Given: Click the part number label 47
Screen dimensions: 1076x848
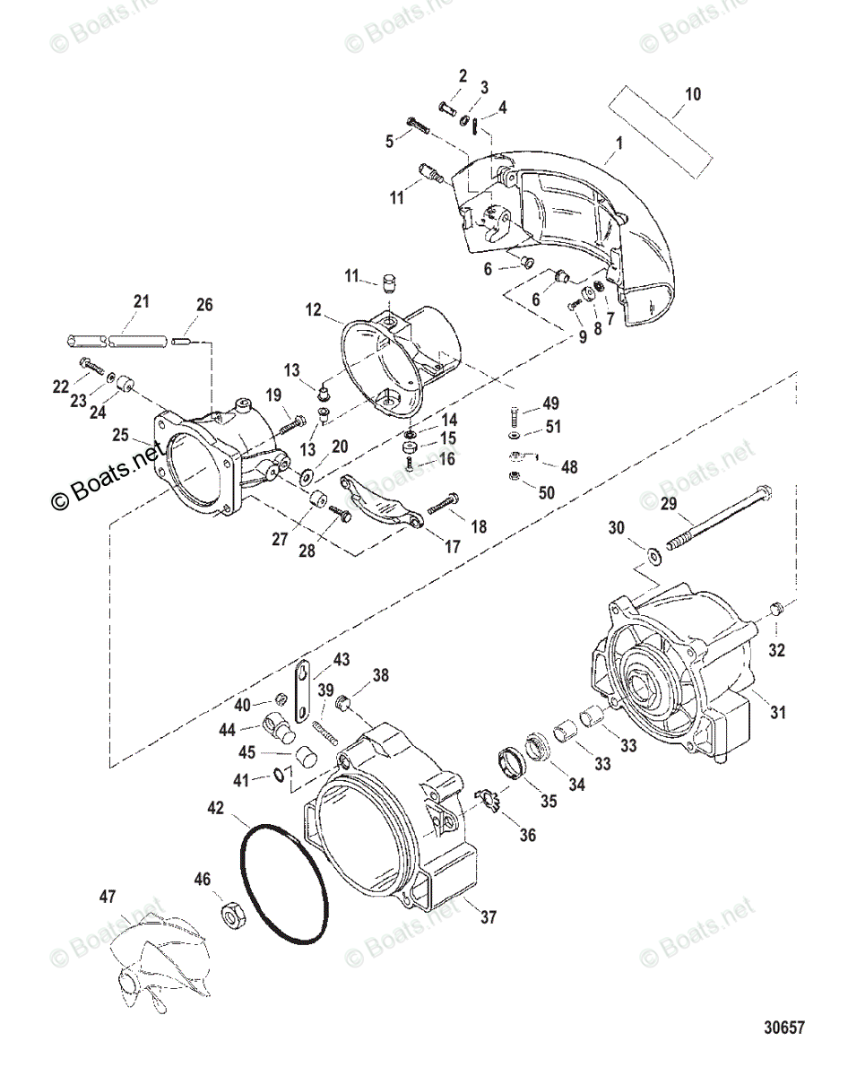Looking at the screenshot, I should click(108, 896).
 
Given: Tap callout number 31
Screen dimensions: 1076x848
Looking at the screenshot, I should click(777, 713).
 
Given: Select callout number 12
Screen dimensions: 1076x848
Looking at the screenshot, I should click(313, 309).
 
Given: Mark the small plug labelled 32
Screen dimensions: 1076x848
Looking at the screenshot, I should click(776, 610).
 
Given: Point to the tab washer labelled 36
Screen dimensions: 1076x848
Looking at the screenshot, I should click(486, 798).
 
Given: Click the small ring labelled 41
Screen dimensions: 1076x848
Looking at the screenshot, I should click(281, 774).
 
